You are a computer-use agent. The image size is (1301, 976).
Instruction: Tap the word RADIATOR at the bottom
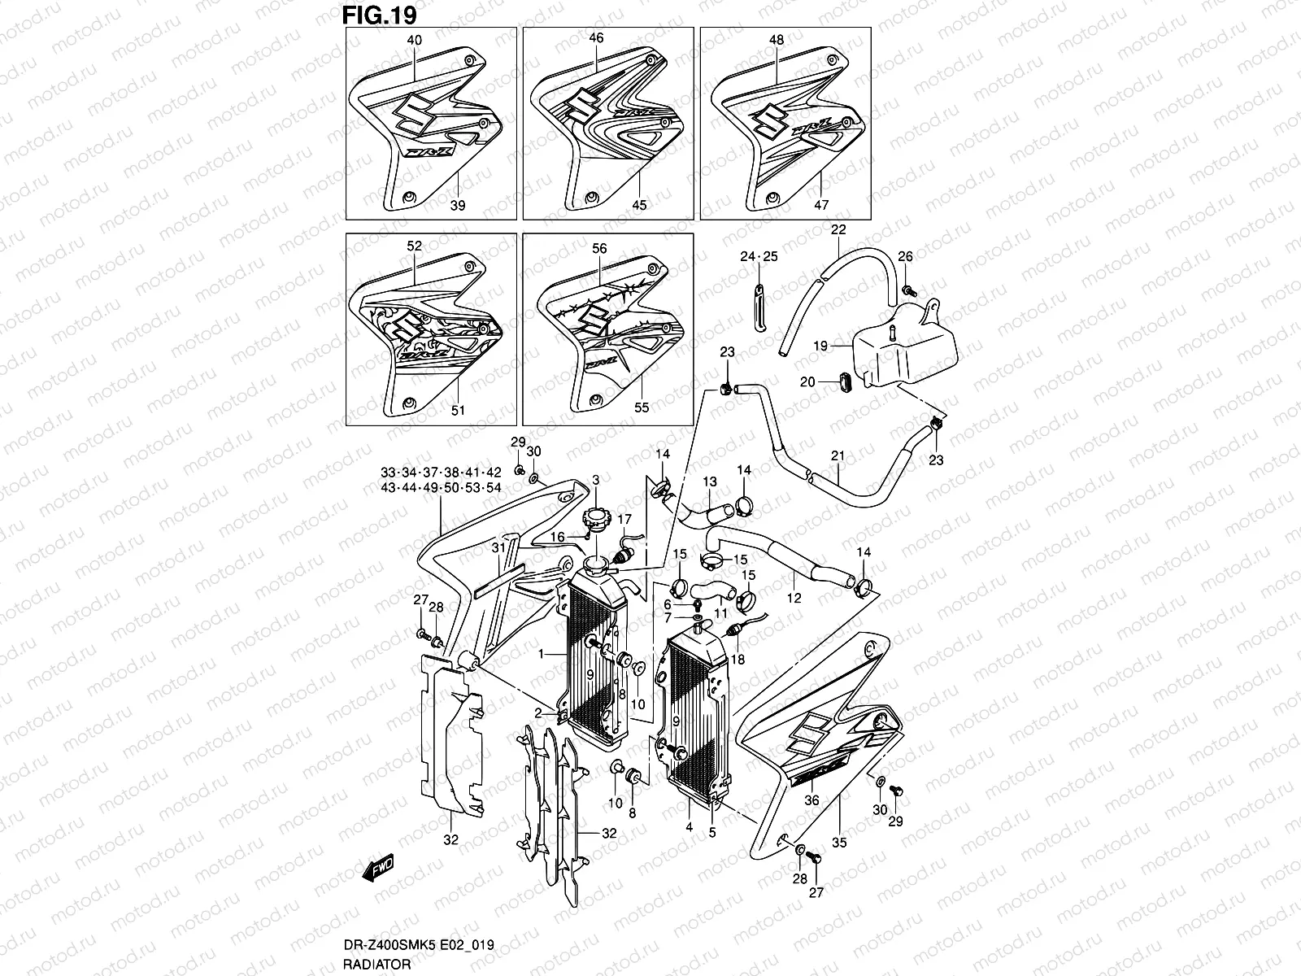click(371, 964)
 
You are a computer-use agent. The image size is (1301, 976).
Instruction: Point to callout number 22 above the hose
click(838, 230)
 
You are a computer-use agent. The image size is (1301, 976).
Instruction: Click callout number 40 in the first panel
click(415, 39)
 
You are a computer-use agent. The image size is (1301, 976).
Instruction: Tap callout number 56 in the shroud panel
click(600, 250)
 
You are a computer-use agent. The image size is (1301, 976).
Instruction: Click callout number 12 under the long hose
click(794, 598)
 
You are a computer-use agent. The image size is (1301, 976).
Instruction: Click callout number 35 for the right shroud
click(839, 842)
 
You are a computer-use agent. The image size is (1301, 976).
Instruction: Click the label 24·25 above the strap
click(758, 256)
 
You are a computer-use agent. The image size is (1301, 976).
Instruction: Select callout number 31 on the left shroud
click(498, 548)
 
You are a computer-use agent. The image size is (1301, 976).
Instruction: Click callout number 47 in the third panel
click(821, 205)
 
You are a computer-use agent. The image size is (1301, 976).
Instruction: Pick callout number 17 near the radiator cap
click(624, 519)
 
